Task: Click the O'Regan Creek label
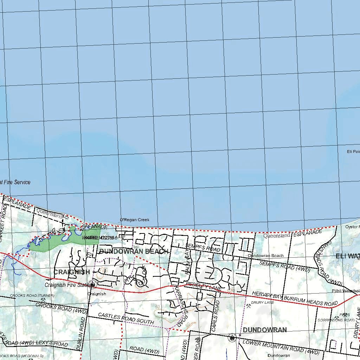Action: click(x=135, y=220)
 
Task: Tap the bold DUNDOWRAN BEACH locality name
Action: click(x=134, y=251)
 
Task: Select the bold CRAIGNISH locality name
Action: click(x=72, y=272)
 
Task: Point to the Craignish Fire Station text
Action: click(x=67, y=285)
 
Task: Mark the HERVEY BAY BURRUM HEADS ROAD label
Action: click(x=295, y=298)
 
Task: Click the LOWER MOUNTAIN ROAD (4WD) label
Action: click(x=281, y=347)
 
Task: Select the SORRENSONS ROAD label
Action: click(x=336, y=320)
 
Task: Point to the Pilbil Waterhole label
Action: click(x=346, y=291)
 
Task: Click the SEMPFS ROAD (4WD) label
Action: click(x=284, y=266)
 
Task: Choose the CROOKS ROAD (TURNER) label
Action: click(x=32, y=296)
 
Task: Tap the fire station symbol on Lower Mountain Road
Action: click(x=232, y=338)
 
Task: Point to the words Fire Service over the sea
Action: click(x=17, y=182)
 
